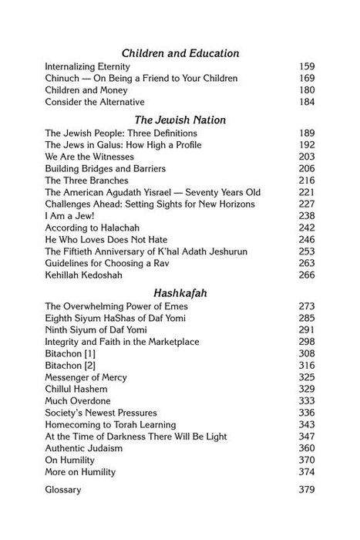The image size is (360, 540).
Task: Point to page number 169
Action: point(306,79)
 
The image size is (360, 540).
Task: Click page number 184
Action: point(306,102)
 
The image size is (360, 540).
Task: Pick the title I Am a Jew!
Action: point(67,215)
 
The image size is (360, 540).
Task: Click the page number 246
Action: point(306,239)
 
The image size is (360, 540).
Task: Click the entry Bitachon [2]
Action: point(72,344)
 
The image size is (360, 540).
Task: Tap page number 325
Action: point(306,356)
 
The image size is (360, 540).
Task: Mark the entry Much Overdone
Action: point(78,379)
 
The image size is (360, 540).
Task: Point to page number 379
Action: point(306,467)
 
